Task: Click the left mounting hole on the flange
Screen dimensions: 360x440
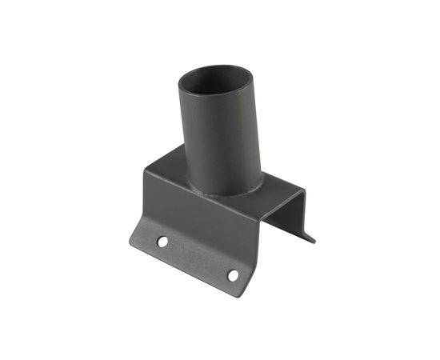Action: tap(162, 241)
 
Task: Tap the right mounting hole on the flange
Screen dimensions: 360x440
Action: tap(233, 275)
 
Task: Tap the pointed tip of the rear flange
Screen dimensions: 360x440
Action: tap(313, 239)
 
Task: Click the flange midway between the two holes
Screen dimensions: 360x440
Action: tap(198, 258)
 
